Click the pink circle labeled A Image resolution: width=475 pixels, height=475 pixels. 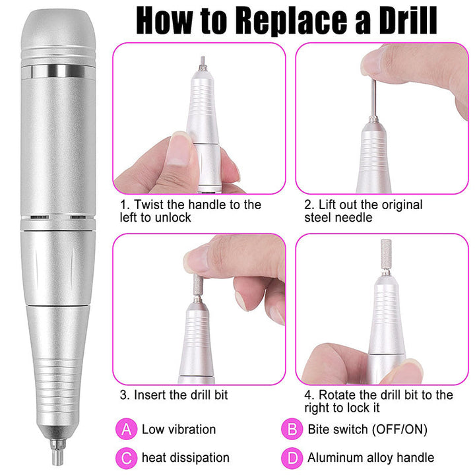126,429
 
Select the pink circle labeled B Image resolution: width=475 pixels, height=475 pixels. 292,429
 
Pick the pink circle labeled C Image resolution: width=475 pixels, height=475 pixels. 126,458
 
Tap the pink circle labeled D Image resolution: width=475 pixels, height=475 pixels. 292,458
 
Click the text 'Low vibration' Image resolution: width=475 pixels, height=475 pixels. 179,429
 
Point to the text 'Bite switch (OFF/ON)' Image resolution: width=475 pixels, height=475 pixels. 367,429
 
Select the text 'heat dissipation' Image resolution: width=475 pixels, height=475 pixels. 185,458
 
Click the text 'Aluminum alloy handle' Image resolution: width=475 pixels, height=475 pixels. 371,458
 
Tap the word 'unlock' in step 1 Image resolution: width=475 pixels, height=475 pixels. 173,218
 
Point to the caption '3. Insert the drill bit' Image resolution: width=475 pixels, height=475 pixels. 174,395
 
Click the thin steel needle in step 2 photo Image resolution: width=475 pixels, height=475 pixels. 374,99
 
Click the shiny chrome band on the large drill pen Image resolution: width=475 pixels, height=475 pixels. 58,71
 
